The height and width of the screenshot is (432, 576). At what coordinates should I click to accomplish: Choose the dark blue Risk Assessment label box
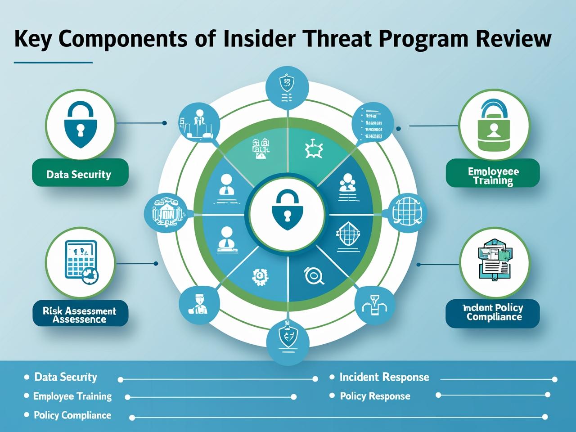pyautogui.click(x=80, y=314)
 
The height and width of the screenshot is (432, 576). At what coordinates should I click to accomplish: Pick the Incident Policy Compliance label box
pyautogui.click(x=493, y=313)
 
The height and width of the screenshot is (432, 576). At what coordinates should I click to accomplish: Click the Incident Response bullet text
pyautogui.click(x=384, y=377)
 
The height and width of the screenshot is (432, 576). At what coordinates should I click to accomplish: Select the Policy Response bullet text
pyautogui.click(x=374, y=396)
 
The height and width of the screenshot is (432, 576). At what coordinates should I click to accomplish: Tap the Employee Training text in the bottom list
pyautogui.click(x=72, y=396)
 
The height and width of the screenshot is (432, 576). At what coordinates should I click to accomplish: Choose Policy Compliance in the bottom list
pyautogui.click(x=72, y=415)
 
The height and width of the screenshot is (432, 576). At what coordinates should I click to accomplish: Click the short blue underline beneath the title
pyautogui.click(x=53, y=62)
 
